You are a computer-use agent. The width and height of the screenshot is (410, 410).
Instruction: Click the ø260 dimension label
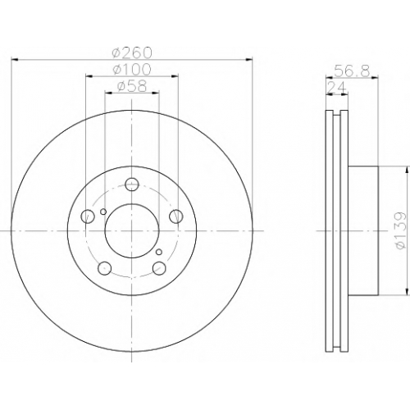click(132, 52)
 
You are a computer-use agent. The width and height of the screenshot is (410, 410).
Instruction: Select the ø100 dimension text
click(132, 70)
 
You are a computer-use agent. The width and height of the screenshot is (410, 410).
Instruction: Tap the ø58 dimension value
click(132, 86)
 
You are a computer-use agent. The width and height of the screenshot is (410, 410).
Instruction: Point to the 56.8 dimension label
click(352, 71)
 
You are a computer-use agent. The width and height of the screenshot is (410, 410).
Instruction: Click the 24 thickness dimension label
click(337, 88)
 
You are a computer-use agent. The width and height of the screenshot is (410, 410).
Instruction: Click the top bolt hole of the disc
click(132, 184)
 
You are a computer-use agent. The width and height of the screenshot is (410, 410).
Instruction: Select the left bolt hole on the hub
click(88, 216)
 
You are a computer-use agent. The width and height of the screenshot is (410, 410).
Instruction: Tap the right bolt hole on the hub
click(176, 216)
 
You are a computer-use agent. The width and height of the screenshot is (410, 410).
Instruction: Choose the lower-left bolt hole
click(104, 268)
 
